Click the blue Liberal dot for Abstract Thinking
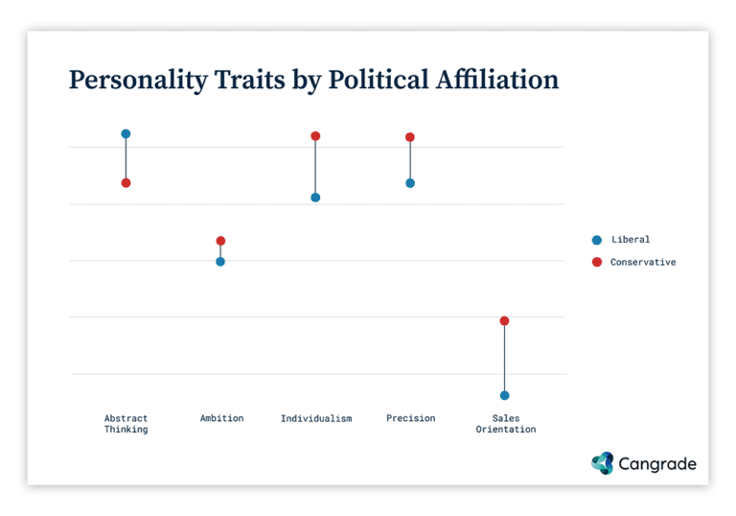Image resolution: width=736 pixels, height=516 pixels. coord(126,134)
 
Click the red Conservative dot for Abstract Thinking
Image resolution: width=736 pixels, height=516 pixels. coord(126,182)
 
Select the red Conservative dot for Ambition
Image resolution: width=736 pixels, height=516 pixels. coord(220,241)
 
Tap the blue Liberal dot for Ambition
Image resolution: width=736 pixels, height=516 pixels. coord(220,261)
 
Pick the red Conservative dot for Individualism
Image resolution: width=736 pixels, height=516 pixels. coord(315,136)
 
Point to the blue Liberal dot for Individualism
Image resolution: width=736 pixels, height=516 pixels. coord(315,198)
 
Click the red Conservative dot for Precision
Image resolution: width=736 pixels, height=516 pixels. coord(410,137)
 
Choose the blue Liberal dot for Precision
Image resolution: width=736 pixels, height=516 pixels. coord(410,182)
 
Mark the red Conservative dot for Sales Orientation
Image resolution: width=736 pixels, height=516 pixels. coord(504,320)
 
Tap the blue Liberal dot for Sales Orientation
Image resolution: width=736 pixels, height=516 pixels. coord(504,395)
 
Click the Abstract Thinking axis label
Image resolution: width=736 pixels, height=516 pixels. coord(126,424)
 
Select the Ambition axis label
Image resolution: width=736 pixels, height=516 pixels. coord(221,418)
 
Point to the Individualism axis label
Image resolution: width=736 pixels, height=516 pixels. coord(315,418)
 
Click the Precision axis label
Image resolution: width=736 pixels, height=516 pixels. coord(410,418)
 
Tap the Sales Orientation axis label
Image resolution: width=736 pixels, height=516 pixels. coord(505,424)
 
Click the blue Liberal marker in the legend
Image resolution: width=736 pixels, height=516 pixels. coord(596,240)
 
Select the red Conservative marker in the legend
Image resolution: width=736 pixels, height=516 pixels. coord(596,262)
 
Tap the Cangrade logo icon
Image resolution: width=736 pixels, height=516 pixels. coord(602,463)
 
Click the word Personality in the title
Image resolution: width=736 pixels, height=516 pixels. coord(137,81)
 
